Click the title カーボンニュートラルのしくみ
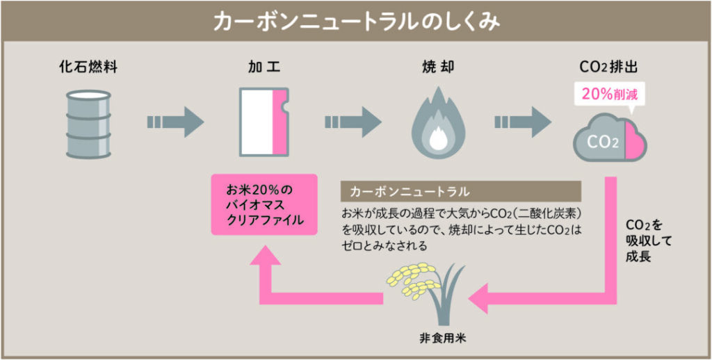[357, 22]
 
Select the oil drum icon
[88, 124]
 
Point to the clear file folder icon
[264, 122]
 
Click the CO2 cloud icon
[610, 138]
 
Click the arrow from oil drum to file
[175, 122]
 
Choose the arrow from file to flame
[353, 122]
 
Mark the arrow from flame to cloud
[523, 122]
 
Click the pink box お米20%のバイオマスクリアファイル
[264, 204]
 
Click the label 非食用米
[438, 339]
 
